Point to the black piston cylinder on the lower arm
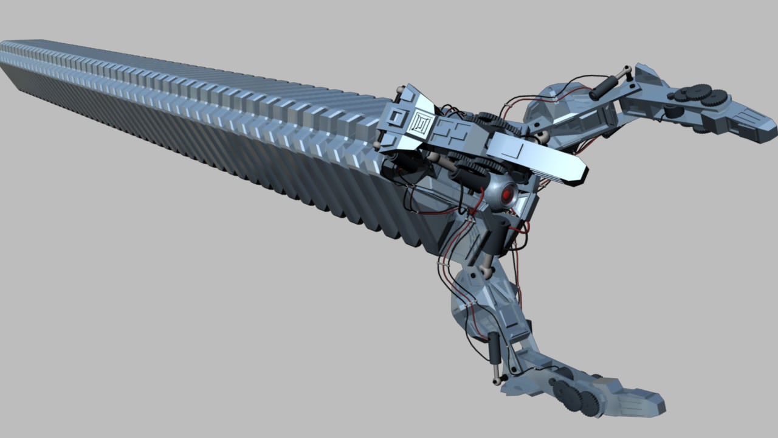coord(495,347)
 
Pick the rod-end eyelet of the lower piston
coord(497,381)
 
